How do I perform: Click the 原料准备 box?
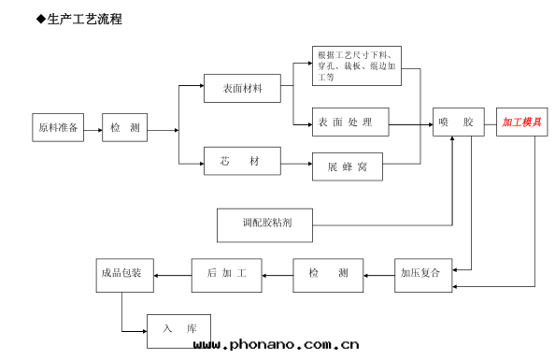(x=58, y=128)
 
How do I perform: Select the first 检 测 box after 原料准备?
(x=125, y=128)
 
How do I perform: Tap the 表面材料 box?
(x=242, y=88)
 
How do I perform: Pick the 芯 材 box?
(x=242, y=162)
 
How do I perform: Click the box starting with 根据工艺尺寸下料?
(x=358, y=65)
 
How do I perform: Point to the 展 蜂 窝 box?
(x=348, y=166)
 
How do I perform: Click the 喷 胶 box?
(x=458, y=122)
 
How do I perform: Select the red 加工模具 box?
(x=521, y=122)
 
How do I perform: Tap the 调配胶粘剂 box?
(x=263, y=223)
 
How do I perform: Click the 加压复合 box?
(x=420, y=273)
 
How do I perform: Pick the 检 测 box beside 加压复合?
(x=329, y=273)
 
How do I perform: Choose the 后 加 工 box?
(x=227, y=273)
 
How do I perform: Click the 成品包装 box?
(x=124, y=273)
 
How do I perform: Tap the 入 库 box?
(x=178, y=328)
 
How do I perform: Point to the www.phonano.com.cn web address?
(x=276, y=346)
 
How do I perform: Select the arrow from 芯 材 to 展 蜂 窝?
(x=296, y=164)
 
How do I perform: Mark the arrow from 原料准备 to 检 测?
(x=93, y=129)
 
